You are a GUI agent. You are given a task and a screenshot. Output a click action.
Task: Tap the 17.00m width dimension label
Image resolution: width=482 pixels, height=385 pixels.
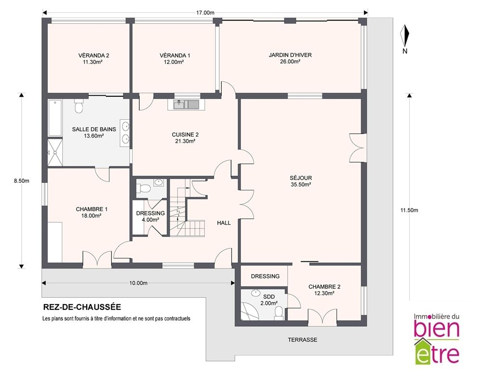[x=205, y=13]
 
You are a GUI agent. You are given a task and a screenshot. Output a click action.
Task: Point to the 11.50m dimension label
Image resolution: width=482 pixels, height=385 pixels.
[x=409, y=210]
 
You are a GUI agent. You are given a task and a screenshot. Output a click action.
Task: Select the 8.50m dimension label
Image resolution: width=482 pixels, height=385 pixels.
[x=22, y=181]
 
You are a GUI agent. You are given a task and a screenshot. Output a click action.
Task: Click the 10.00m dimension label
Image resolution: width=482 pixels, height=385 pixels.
[x=138, y=283]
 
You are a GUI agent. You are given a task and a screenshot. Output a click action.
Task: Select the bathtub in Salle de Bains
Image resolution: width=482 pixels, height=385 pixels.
[x=55, y=117]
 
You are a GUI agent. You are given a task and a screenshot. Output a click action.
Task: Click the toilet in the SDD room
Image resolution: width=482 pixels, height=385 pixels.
[x=279, y=313]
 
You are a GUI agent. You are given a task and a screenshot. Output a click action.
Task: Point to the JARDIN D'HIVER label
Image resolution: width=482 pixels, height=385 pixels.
[x=290, y=55]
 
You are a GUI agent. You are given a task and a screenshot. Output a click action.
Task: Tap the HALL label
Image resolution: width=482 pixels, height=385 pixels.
[x=224, y=223]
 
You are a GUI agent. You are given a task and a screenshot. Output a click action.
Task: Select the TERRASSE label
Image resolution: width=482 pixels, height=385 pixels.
[x=303, y=340]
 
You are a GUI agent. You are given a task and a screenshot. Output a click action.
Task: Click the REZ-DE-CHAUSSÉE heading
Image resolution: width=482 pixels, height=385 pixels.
[x=82, y=307]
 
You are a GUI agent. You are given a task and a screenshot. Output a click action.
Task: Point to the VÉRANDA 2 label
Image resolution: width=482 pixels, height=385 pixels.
[x=94, y=55]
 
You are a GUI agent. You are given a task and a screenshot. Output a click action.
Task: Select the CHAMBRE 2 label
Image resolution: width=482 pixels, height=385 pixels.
[x=324, y=287]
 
